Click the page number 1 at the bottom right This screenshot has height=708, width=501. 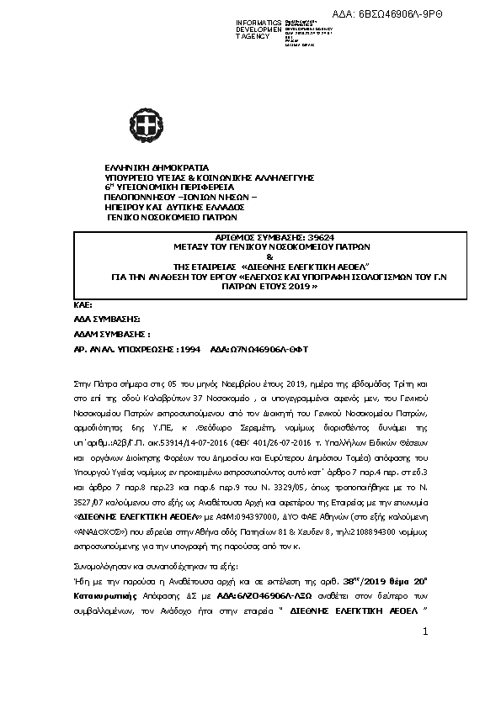pos(426,631)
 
